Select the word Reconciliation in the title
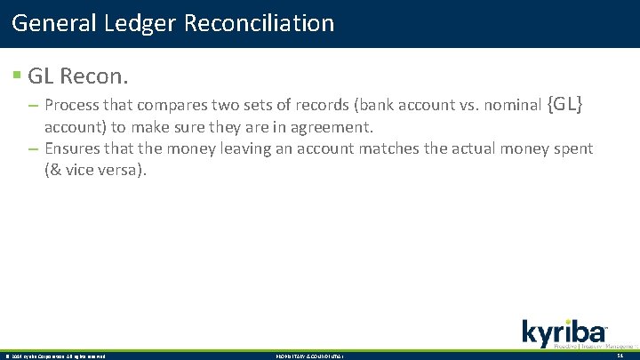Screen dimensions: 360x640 260,22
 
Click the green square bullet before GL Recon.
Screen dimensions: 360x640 17,76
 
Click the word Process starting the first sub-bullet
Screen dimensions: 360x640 73,106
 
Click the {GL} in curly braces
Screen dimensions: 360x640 565,105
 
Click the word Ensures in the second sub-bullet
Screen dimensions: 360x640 73,148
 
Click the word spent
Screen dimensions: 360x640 572,148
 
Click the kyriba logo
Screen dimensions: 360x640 564,332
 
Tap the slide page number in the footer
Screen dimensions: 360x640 620,356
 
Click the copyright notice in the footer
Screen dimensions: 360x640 55,356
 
